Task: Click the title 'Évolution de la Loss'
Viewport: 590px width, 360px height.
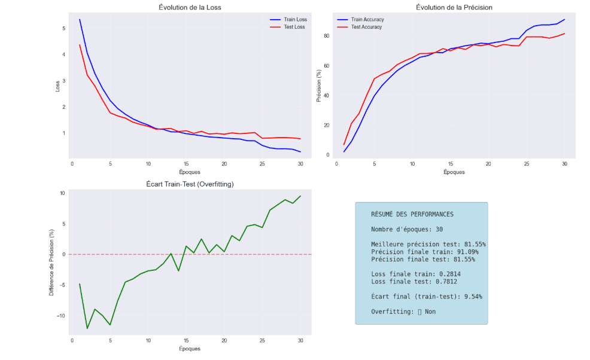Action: pos(192,7)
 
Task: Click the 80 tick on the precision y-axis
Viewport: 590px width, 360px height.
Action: pos(327,36)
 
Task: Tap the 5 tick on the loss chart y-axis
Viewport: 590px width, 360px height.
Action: pos(64,28)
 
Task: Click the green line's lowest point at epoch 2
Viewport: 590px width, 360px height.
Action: pos(87,328)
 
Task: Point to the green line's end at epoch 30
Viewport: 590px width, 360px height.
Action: pos(300,196)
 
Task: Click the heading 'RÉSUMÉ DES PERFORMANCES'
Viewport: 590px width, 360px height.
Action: pos(412,214)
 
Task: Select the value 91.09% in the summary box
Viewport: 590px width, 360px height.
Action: pos(466,252)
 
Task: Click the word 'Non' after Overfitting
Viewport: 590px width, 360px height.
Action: pos(430,312)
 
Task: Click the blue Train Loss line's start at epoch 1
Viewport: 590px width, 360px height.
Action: pos(80,19)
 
